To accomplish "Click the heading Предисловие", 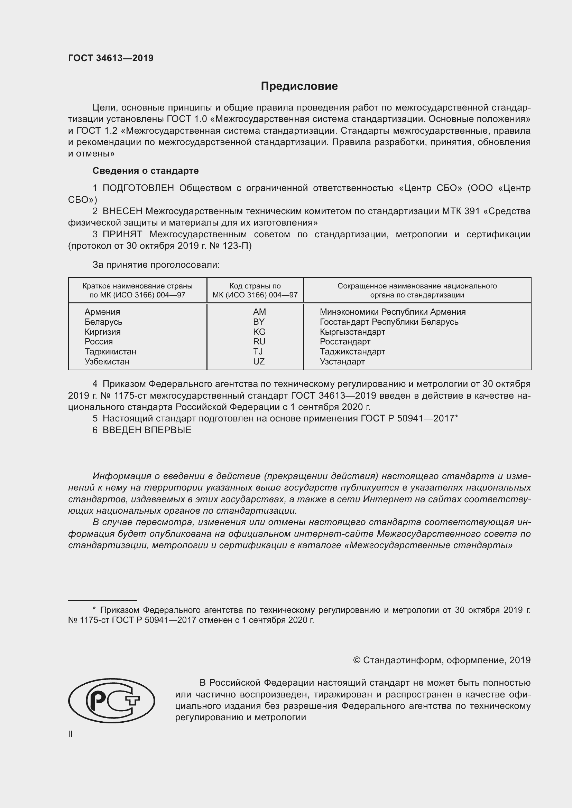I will pos(299,86).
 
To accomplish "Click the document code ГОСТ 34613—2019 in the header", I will pos(111,58).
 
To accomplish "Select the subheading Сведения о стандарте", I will pos(146,171).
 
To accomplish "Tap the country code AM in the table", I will pos(259,312).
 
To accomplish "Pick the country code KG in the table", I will pos(259,332).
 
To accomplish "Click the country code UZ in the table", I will pos(259,361).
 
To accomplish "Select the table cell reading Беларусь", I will pos(103,322).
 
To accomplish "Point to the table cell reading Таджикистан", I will pos(110,352).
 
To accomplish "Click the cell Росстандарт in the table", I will pos(345,342).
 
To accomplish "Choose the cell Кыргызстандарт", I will pos(352,332).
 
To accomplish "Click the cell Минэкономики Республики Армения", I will pos(393,312).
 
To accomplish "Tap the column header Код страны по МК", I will pos(255,290).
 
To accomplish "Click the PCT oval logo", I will pos(111,701).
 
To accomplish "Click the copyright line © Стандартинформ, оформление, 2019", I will pos(442,660).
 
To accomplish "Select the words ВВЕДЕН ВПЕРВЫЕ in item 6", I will pos(147,430).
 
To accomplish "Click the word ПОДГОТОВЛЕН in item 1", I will pos(138,188).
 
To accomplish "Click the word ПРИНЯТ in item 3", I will pos(122,234).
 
